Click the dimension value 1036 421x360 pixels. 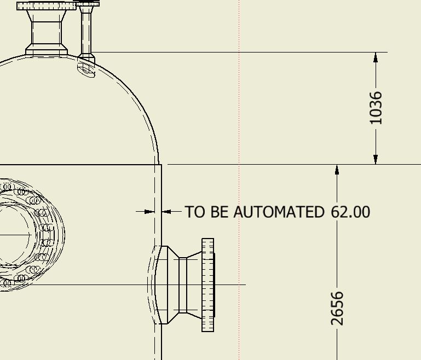pyautogui.click(x=376, y=108)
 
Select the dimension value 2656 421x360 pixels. pyautogui.click(x=338, y=308)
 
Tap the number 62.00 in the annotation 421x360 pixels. pyautogui.click(x=350, y=212)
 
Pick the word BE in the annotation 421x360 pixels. pyautogui.click(x=220, y=212)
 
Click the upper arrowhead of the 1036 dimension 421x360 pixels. pyautogui.click(x=376, y=57)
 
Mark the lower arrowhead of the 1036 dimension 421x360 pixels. pyautogui.click(x=376, y=159)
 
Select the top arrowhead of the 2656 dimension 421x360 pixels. pyautogui.click(x=337, y=170)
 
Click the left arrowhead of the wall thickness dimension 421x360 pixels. pyautogui.click(x=149, y=211)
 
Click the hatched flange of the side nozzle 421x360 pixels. pyautogui.click(x=207, y=284)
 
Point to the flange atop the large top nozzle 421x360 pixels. pyautogui.click(x=47, y=6)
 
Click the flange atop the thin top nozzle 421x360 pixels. pyautogui.click(x=88, y=4)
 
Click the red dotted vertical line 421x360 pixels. pyautogui.click(x=239, y=109)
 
